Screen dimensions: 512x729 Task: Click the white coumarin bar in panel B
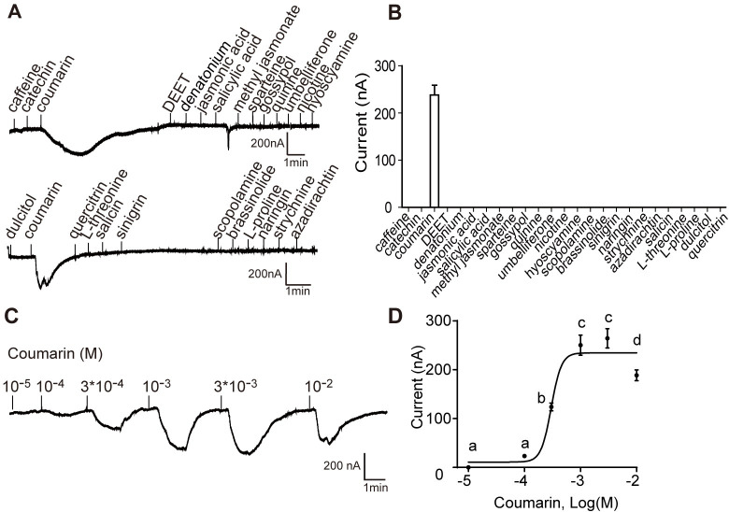pos(434,150)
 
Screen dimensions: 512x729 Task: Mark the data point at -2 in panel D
pos(636,376)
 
